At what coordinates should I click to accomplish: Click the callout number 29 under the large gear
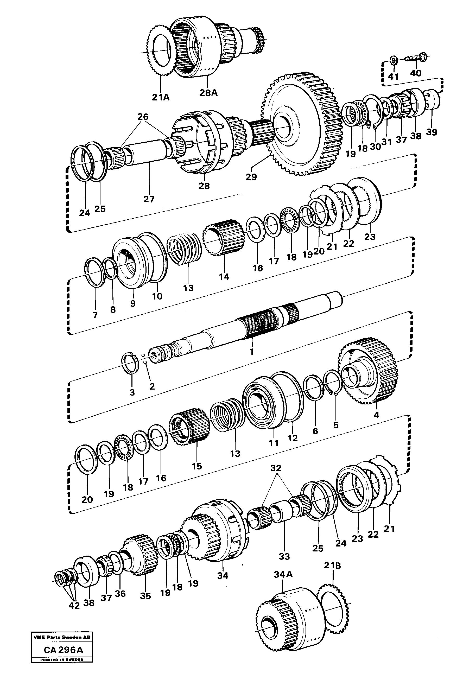click(x=251, y=177)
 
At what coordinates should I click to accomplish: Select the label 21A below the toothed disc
click(x=161, y=97)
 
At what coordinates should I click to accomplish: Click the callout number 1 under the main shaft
click(x=251, y=351)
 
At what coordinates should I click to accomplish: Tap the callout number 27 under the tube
click(x=149, y=199)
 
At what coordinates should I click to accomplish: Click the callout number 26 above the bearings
click(x=143, y=117)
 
